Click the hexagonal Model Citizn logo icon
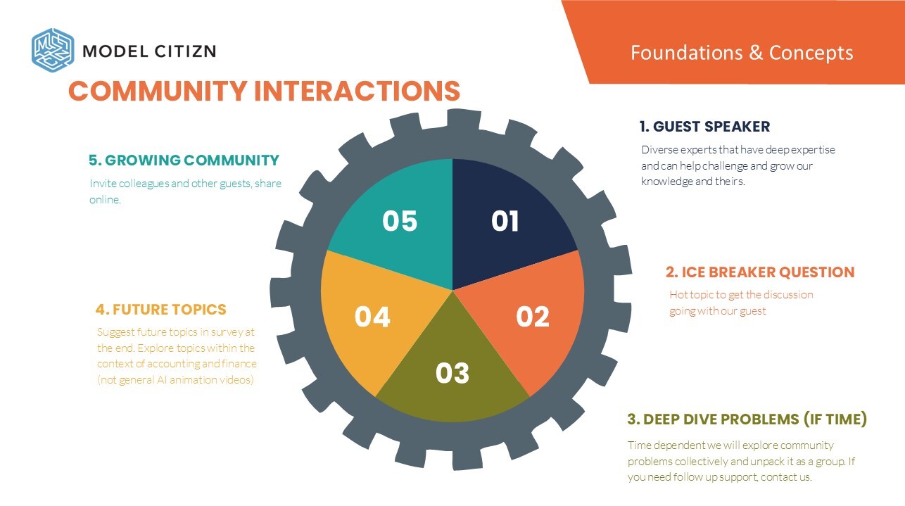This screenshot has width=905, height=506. pos(53,50)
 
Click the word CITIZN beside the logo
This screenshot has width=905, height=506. pos(186,51)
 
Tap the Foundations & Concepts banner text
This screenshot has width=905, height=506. pos(742,53)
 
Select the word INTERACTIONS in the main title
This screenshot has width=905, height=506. pos(357,91)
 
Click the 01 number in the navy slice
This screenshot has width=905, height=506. pos(505,221)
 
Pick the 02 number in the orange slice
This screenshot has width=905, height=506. pos(533,317)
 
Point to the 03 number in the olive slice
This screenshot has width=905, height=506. pos(452,372)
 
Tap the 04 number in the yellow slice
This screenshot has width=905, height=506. pos(372,317)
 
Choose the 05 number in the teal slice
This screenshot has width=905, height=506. pos(400,221)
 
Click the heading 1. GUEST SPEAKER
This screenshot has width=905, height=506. pos(704,127)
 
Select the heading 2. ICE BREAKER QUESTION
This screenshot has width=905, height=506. pos(760,272)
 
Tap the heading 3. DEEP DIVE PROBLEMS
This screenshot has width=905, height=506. pos(713,419)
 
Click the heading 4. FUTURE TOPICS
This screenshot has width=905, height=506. pos(160,310)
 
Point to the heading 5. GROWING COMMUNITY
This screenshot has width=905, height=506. pos(184,160)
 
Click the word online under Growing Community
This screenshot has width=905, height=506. pos(105,200)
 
